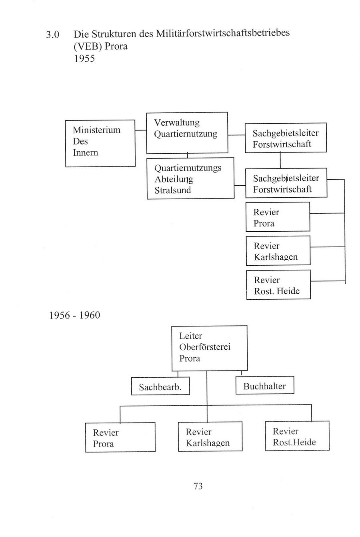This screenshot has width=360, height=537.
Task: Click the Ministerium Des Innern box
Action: [x=100, y=143]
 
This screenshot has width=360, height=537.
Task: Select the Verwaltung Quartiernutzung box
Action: [x=187, y=133]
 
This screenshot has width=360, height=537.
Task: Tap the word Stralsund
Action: [x=173, y=190]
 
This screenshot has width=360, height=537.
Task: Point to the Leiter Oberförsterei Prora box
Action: [x=209, y=348]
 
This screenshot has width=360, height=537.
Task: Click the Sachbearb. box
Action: [x=160, y=387]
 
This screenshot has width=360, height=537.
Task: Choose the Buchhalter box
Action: [x=264, y=386]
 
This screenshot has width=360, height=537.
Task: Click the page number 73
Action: [x=198, y=486]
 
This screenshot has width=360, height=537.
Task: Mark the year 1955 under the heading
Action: [x=84, y=58]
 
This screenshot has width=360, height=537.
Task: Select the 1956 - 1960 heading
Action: [x=74, y=315]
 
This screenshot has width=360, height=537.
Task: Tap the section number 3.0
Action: [x=53, y=35]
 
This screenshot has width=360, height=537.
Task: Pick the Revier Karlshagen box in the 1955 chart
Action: [x=278, y=251]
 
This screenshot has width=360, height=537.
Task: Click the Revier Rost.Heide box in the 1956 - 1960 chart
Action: [x=297, y=436]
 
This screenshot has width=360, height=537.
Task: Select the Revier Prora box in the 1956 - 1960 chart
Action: [x=120, y=437]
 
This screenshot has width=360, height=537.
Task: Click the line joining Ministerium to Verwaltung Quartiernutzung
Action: [x=140, y=130]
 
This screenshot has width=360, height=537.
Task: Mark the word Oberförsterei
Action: [x=205, y=347]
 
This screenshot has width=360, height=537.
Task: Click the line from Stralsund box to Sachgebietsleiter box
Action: [x=240, y=186]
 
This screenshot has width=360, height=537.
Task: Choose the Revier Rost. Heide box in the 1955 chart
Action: [x=278, y=285]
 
